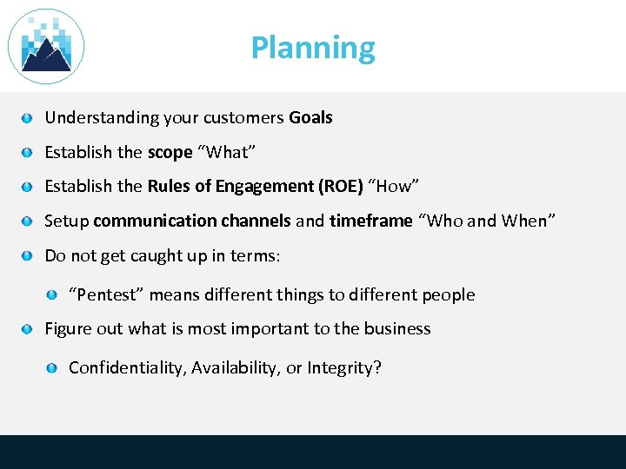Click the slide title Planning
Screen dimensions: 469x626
(313, 48)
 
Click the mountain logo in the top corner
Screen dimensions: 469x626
(46, 47)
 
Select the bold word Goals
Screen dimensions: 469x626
(310, 117)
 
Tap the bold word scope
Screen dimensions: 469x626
(170, 152)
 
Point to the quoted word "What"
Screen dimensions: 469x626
(226, 152)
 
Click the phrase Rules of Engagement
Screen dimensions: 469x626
(230, 186)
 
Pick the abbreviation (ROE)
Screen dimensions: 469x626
(341, 186)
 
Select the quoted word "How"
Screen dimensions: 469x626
(395, 186)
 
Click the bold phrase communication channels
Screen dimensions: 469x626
(191, 221)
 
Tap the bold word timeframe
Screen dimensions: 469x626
(370, 221)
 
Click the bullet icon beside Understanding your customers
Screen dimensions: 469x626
(28, 117)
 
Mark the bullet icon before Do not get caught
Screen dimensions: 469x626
(28, 255)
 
